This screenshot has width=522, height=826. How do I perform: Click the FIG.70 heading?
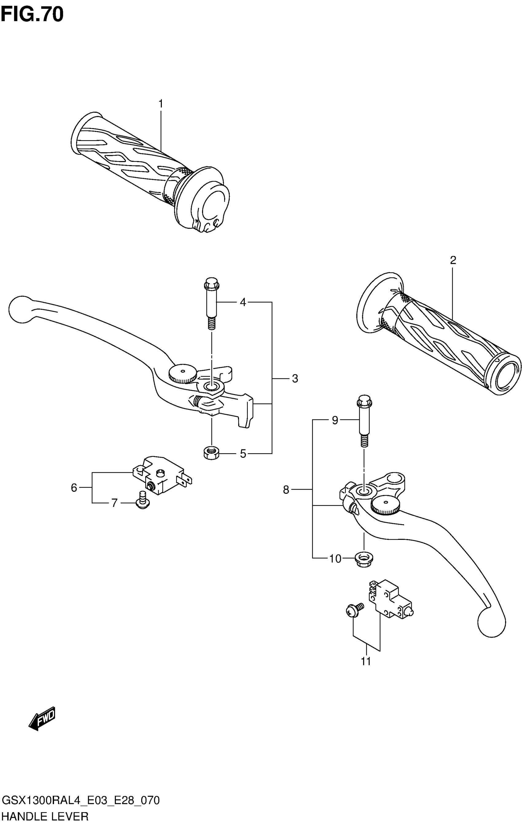pos(32,15)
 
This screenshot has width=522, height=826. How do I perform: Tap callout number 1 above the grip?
pos(160,103)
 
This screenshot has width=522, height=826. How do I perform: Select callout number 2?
pos(453,260)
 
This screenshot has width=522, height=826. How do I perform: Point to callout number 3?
pos(295,379)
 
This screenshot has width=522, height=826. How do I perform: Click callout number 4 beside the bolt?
pos(243,302)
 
